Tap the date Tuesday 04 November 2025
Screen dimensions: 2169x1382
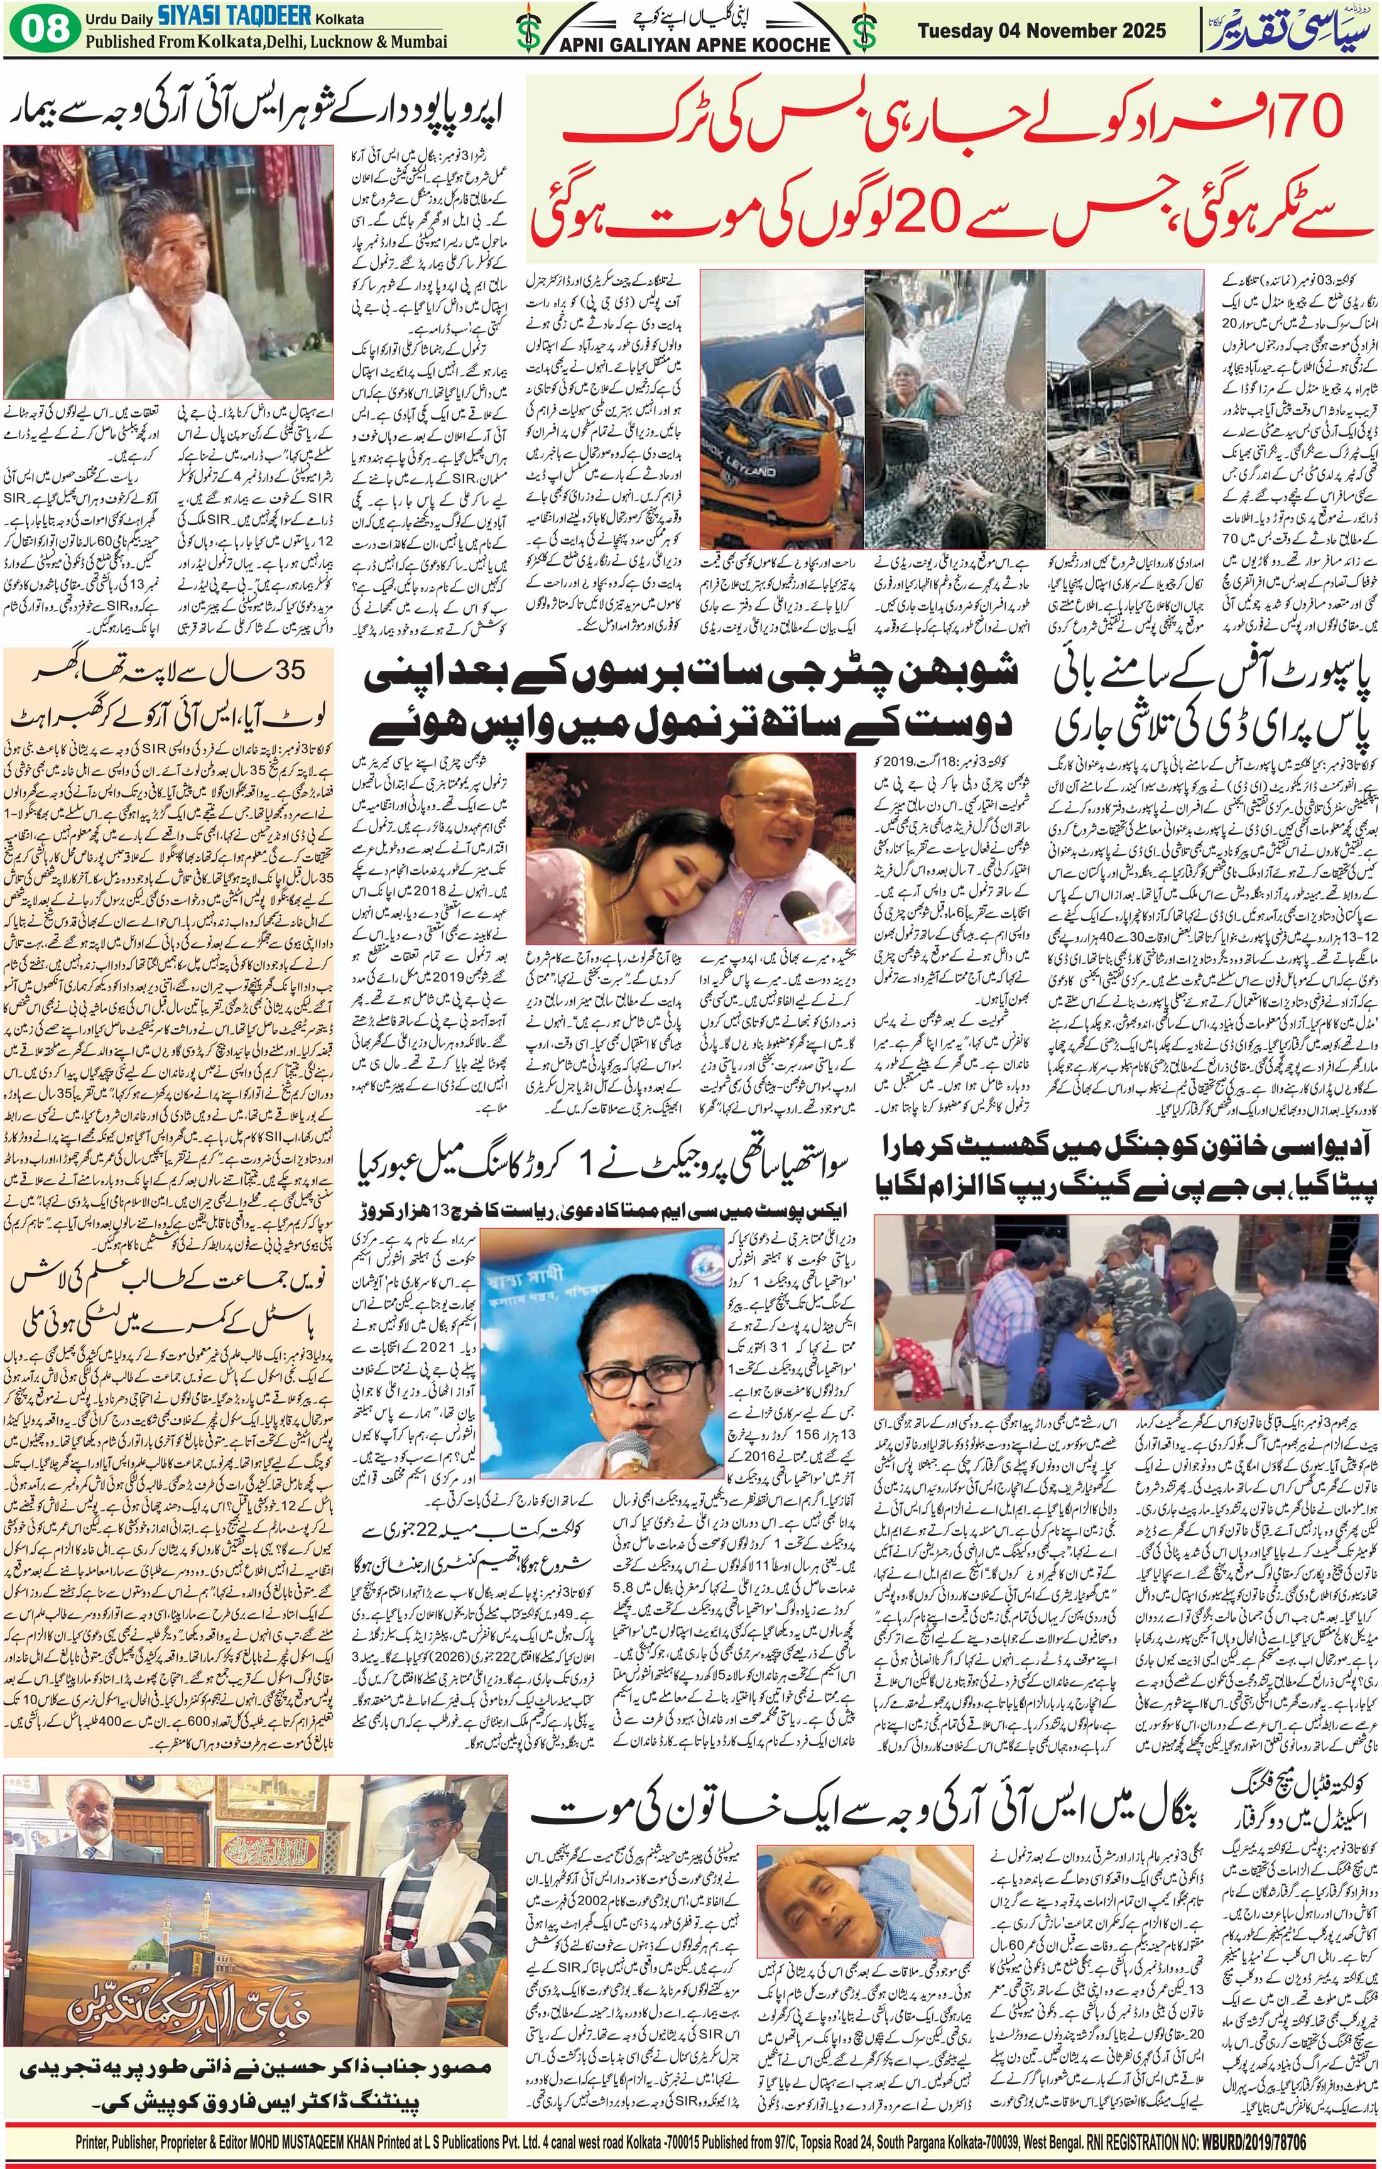pyautogui.click(x=1042, y=31)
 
